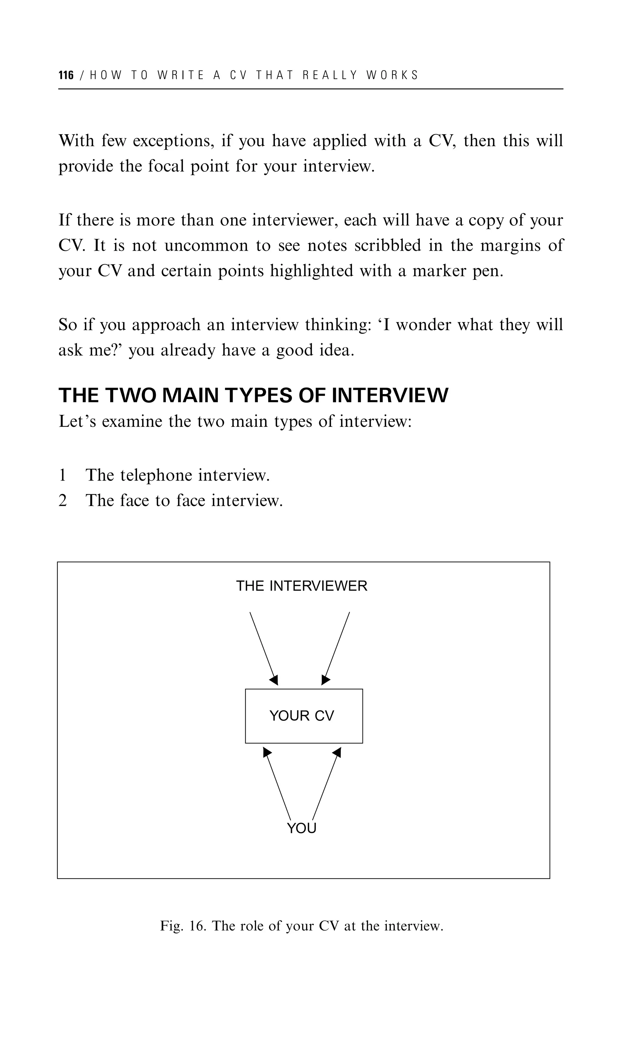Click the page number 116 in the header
pyautogui.click(x=66, y=75)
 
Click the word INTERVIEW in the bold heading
pyautogui.click(x=390, y=396)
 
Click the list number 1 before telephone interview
pyautogui.click(x=62, y=475)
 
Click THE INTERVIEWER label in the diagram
pyautogui.click(x=301, y=586)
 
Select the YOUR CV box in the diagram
pyautogui.click(x=304, y=716)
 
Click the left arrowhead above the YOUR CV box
pyautogui.click(x=274, y=680)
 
